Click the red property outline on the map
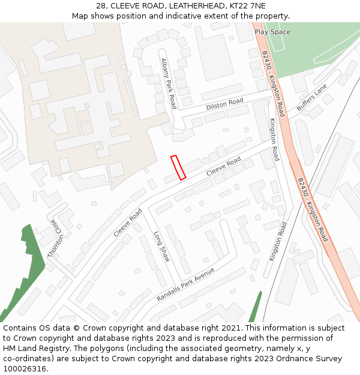point(178,167)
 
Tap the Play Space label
point(272,32)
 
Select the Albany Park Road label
point(169,83)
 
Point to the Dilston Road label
point(224,104)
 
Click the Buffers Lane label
point(312,97)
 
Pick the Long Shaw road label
point(161,247)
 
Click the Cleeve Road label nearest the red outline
point(224,166)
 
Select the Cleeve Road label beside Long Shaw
point(128,223)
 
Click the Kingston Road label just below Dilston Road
point(274,140)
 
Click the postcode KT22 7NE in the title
point(247,5)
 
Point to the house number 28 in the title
point(101,5)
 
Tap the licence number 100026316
point(25,369)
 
